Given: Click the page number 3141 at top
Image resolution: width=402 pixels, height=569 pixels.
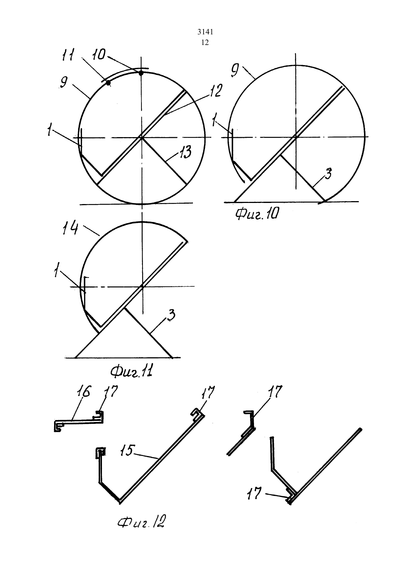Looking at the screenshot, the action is click(x=205, y=32).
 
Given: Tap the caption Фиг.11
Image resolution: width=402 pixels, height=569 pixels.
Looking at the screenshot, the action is click(x=132, y=372).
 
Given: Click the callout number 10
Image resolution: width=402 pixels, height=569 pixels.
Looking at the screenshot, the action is click(x=98, y=55).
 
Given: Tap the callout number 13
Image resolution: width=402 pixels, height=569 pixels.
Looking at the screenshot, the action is click(x=186, y=152).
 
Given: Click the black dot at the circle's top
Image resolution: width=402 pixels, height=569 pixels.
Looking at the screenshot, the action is click(x=141, y=73).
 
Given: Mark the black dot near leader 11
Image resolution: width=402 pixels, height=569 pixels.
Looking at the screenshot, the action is click(x=109, y=83).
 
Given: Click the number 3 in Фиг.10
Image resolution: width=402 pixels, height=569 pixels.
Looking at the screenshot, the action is click(x=328, y=174).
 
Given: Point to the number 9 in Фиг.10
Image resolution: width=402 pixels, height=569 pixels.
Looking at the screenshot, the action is click(x=235, y=70).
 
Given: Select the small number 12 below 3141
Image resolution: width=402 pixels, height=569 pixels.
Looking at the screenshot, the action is click(x=205, y=42).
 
